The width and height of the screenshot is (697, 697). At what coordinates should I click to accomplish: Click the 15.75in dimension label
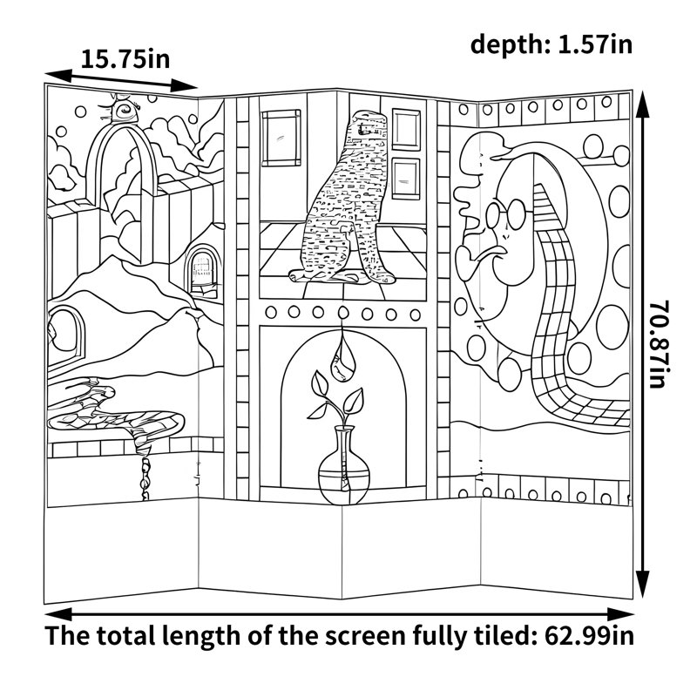tap(125, 59)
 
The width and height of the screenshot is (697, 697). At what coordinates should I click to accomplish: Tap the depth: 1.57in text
tap(552, 45)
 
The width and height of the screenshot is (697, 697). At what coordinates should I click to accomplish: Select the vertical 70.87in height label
tap(660, 344)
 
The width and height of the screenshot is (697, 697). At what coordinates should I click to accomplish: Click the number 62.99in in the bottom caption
tap(590, 636)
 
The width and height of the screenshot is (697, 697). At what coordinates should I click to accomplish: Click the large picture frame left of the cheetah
tap(281, 139)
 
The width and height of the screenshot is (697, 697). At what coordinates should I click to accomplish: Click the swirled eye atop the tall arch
tap(121, 110)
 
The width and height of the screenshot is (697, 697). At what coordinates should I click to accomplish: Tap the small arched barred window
tap(202, 268)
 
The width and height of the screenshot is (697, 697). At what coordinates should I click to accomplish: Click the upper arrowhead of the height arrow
tap(642, 105)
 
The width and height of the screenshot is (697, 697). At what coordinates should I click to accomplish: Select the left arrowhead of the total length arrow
tap(58, 614)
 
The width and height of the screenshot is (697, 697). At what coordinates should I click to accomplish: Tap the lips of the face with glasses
tap(494, 253)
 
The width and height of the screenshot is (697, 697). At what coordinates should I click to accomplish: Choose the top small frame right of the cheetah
tap(406, 129)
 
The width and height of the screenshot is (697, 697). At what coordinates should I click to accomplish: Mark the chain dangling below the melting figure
tap(145, 477)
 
